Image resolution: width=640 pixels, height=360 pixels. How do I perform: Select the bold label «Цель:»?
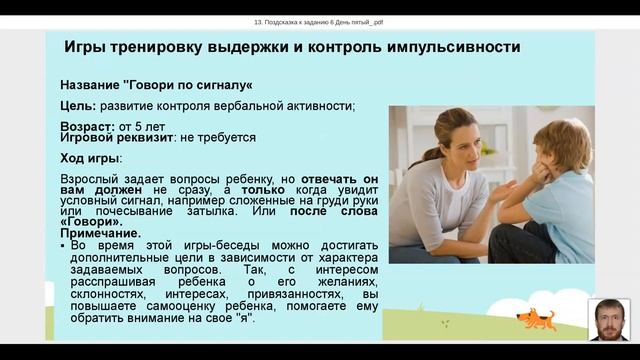pyautogui.click(x=78, y=105)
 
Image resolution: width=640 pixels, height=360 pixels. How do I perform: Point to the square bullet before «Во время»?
pyautogui.click(x=64, y=245)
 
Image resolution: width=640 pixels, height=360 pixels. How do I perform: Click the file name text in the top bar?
pyautogui.click(x=320, y=21)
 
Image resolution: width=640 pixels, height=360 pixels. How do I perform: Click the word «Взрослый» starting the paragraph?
pyautogui.click(x=91, y=176)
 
